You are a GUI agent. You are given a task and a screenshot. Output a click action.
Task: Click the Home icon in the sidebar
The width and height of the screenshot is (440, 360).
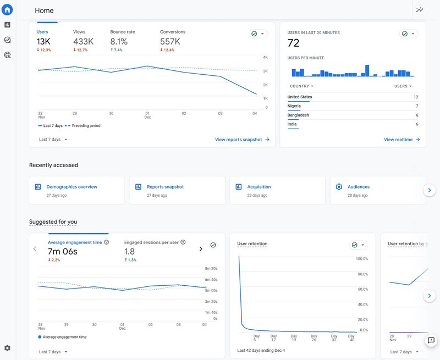(x=7, y=9)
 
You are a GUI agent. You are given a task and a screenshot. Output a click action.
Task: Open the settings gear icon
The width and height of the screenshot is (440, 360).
(x=7, y=348)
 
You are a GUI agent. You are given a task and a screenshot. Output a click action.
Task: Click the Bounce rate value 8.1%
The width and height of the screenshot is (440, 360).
(x=119, y=42)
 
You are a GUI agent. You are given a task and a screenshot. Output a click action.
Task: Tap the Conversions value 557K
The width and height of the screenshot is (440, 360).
(x=170, y=42)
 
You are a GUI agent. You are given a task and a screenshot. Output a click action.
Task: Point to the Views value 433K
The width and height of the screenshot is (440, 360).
(x=83, y=42)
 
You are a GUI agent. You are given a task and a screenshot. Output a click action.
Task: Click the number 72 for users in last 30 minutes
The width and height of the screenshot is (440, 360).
(x=294, y=43)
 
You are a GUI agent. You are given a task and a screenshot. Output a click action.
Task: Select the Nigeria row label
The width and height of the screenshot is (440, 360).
(x=294, y=106)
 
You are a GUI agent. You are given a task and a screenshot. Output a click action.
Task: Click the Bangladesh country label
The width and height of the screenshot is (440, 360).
(x=298, y=115)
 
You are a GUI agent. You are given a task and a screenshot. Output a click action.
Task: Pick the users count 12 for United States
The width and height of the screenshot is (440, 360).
(x=416, y=97)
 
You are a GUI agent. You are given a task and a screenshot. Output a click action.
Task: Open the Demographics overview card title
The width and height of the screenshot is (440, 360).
(x=71, y=187)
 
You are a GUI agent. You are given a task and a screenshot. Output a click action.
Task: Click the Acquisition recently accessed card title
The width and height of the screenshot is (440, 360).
(x=258, y=187)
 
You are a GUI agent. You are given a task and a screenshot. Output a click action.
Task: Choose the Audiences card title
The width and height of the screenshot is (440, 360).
(x=359, y=187)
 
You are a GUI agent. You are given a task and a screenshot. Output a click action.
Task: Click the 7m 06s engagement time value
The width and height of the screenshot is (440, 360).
(x=63, y=252)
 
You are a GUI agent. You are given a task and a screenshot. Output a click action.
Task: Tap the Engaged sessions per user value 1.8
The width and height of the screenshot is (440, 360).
(x=129, y=252)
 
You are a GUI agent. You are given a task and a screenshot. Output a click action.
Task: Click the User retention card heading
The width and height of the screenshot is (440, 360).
(x=252, y=243)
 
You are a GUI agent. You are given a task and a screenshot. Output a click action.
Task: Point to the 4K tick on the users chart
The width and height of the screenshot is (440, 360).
(x=265, y=57)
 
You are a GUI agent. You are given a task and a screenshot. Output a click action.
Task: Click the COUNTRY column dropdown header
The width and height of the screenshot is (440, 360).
(x=301, y=86)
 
